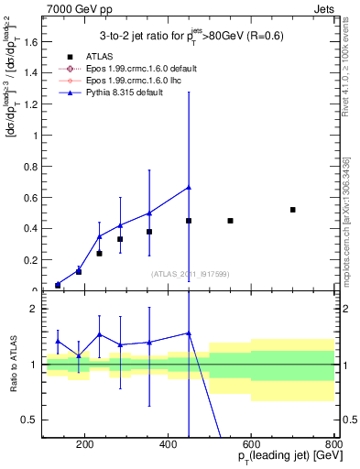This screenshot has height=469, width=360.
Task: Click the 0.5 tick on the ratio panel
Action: pyautogui.click(x=33, y=420)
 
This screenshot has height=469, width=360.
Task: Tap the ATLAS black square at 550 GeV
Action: pyautogui.click(x=230, y=221)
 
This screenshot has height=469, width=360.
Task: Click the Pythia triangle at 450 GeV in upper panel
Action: pyautogui.click(x=189, y=187)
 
